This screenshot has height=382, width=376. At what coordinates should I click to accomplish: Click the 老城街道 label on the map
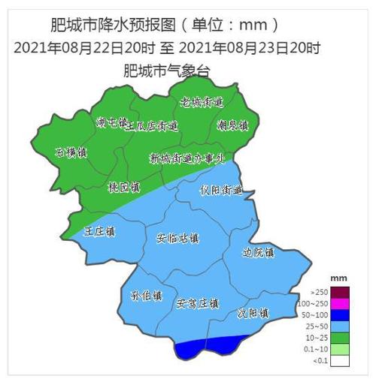click(x=202, y=101)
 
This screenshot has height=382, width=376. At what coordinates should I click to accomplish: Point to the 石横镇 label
click(x=72, y=152)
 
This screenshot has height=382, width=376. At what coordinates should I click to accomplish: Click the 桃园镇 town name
click(x=124, y=186)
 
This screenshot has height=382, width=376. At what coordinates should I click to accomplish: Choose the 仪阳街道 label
click(x=221, y=190)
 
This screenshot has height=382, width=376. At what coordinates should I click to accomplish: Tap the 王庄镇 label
click(x=99, y=231)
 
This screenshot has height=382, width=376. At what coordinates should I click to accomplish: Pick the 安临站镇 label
click(x=177, y=239)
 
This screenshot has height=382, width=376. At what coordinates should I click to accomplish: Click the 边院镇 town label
click(x=259, y=253)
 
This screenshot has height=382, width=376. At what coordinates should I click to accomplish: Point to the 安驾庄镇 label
click(x=197, y=304)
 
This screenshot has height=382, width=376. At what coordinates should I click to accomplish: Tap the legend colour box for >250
click(x=341, y=291)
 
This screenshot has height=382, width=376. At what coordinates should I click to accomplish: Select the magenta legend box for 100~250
click(x=341, y=302)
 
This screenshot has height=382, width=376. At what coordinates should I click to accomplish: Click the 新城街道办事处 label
click(x=187, y=158)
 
